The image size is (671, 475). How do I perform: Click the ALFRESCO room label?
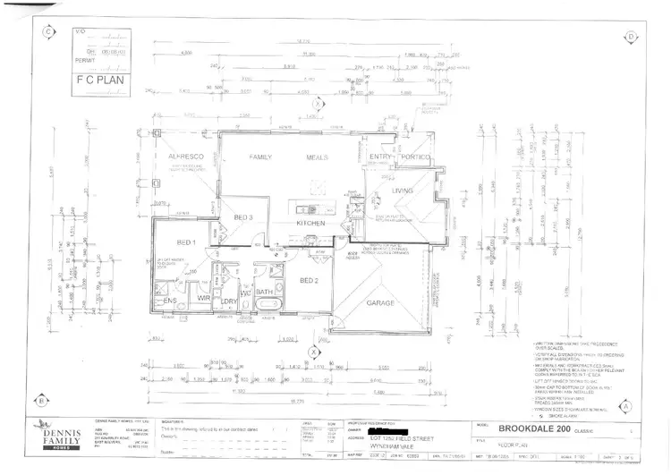coord(182,157)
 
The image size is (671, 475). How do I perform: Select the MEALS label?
coord(319,157)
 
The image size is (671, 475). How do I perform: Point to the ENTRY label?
coord(382,158)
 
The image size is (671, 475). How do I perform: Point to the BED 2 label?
coord(310,282)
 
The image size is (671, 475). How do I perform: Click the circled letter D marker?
coord(631,37)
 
